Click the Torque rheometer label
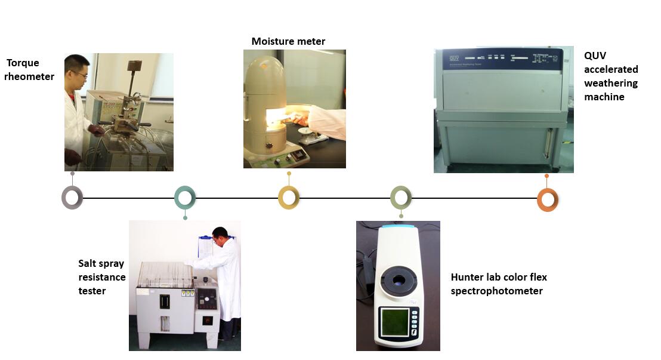(x=29, y=70)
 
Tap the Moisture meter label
(x=288, y=41)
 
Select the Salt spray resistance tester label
(x=102, y=277)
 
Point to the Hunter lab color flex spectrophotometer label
(x=499, y=284)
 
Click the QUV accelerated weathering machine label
(x=611, y=76)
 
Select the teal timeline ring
(x=185, y=197)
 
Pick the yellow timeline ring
(x=289, y=198)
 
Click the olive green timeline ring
(x=401, y=197)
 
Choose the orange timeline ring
(x=548, y=199)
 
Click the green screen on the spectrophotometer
(x=395, y=322)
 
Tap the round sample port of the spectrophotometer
(x=399, y=280)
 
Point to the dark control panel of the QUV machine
(x=502, y=59)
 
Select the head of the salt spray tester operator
(x=221, y=236)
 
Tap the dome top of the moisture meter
(x=265, y=74)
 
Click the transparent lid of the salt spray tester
(x=166, y=275)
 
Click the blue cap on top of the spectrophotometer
(x=399, y=227)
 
